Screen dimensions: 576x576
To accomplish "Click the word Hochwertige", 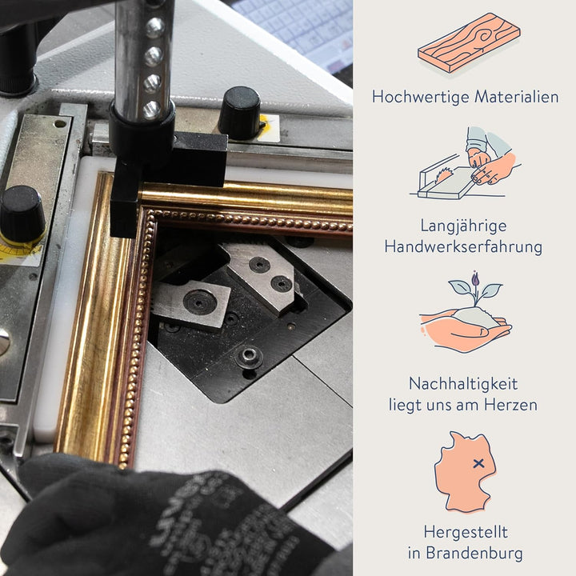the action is click(x=421, y=97).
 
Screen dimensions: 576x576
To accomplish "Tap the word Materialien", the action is click(x=517, y=97).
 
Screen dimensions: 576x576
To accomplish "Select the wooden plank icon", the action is click(x=469, y=42).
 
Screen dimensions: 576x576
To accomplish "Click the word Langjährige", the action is click(x=463, y=226).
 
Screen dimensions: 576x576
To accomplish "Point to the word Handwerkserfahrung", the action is click(x=463, y=247).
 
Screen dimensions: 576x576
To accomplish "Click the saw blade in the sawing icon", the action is click(x=443, y=175).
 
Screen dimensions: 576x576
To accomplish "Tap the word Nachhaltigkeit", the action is click(x=463, y=384).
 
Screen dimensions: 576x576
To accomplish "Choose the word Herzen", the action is click(x=510, y=405).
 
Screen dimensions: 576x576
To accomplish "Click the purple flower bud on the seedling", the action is click(x=475, y=278).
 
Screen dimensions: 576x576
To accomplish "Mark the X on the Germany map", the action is click(x=478, y=463).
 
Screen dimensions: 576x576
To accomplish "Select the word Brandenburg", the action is click(x=474, y=554).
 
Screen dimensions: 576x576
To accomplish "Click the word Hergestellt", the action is click(x=466, y=532).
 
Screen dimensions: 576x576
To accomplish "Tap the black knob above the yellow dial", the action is click(x=22, y=213).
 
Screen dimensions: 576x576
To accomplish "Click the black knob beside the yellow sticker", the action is click(x=239, y=113).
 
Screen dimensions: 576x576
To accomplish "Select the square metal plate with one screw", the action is click(x=192, y=303).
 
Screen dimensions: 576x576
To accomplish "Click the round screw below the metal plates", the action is click(x=249, y=355).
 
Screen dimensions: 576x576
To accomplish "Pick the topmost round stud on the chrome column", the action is click(x=154, y=28).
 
